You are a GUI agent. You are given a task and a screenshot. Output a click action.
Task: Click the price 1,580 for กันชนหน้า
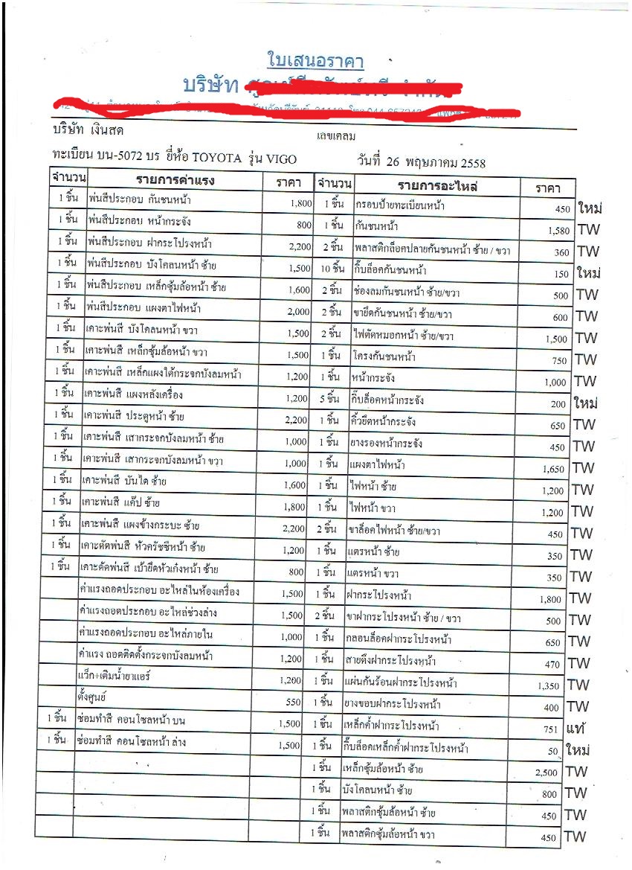(558, 231)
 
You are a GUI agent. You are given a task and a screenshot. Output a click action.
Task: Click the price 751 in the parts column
(551, 729)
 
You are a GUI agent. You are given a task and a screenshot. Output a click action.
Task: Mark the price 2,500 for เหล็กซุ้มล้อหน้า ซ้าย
(546, 773)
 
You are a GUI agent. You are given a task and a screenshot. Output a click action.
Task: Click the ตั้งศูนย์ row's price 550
(293, 702)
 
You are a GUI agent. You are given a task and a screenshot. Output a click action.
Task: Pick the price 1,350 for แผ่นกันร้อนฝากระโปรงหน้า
(549, 685)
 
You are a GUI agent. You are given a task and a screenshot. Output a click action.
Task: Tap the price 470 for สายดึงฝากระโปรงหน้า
(551, 664)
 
